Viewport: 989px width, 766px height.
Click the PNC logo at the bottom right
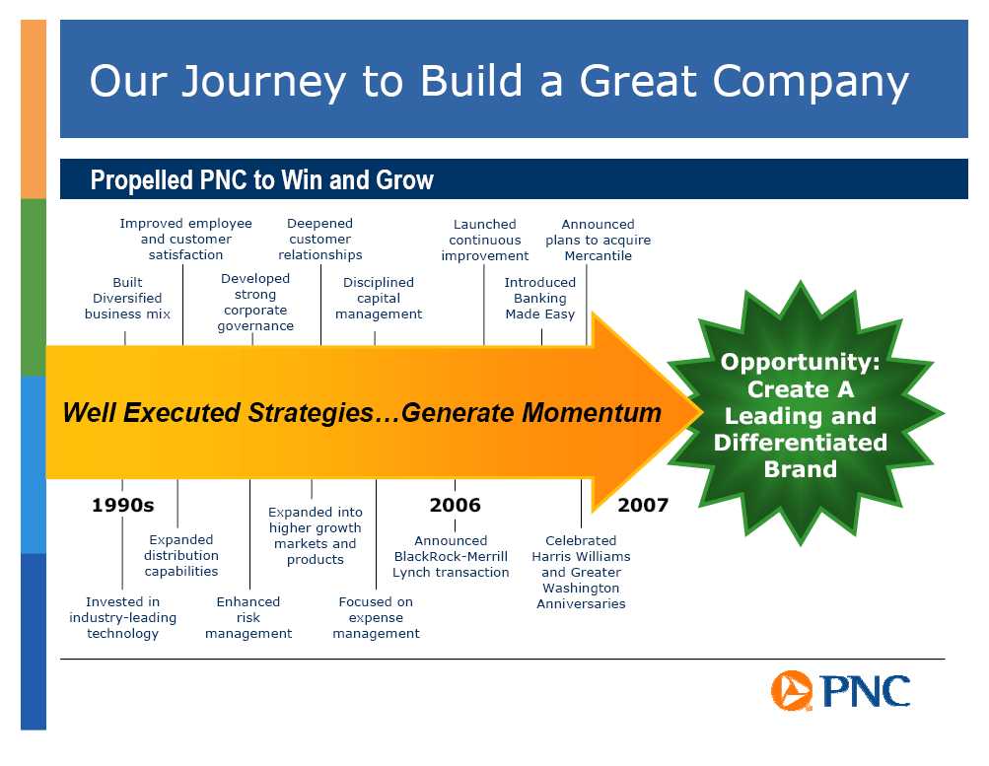[x=840, y=691]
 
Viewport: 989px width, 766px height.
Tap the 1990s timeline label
[x=123, y=505]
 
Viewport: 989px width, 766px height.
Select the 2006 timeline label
[x=455, y=505]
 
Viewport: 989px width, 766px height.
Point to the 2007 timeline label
[x=643, y=505]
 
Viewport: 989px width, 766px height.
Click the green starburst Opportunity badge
[x=801, y=414]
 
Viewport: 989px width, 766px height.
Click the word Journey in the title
[x=264, y=82]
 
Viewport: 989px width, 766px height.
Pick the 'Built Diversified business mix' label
[x=127, y=298]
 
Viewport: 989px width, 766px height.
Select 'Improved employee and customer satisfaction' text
[x=186, y=239]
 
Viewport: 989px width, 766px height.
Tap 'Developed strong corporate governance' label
[x=255, y=302]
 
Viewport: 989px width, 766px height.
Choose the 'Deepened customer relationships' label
[x=320, y=239]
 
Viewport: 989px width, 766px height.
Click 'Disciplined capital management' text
[x=379, y=298]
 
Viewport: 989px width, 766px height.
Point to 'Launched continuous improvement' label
[x=485, y=240]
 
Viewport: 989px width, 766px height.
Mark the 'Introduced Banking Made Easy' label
[x=540, y=298]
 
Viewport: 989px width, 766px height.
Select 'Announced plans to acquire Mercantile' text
[x=598, y=240]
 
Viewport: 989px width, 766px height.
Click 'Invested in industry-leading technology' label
[x=123, y=617]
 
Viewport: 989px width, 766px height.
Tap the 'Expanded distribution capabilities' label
[x=181, y=555]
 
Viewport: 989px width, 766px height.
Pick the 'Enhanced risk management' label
[x=248, y=617]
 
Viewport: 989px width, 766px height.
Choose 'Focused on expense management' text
[x=376, y=617]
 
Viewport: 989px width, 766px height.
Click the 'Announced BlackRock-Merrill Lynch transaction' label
[x=451, y=556]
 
